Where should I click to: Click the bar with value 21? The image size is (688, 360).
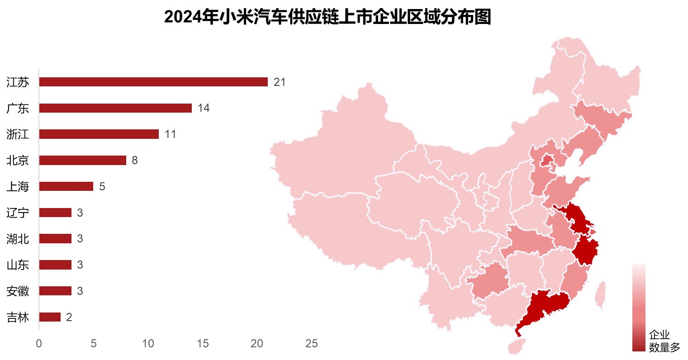[153, 82]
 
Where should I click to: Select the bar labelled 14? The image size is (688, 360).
[115, 108]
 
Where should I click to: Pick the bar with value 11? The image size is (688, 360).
[99, 134]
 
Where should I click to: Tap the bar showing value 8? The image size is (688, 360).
[82, 161]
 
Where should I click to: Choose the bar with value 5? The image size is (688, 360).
[66, 186]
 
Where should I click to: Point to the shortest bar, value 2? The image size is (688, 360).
[50, 317]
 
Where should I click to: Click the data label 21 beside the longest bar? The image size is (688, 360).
[279, 82]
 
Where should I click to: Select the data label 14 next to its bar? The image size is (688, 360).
[203, 109]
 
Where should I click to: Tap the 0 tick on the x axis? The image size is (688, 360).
[39, 344]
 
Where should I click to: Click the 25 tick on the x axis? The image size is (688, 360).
[311, 344]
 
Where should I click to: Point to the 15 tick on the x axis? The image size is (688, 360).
[202, 344]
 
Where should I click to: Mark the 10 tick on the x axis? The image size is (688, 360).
[148, 344]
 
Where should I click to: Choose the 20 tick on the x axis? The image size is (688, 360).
[257, 344]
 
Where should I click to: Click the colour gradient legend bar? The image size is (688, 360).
[639, 308]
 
